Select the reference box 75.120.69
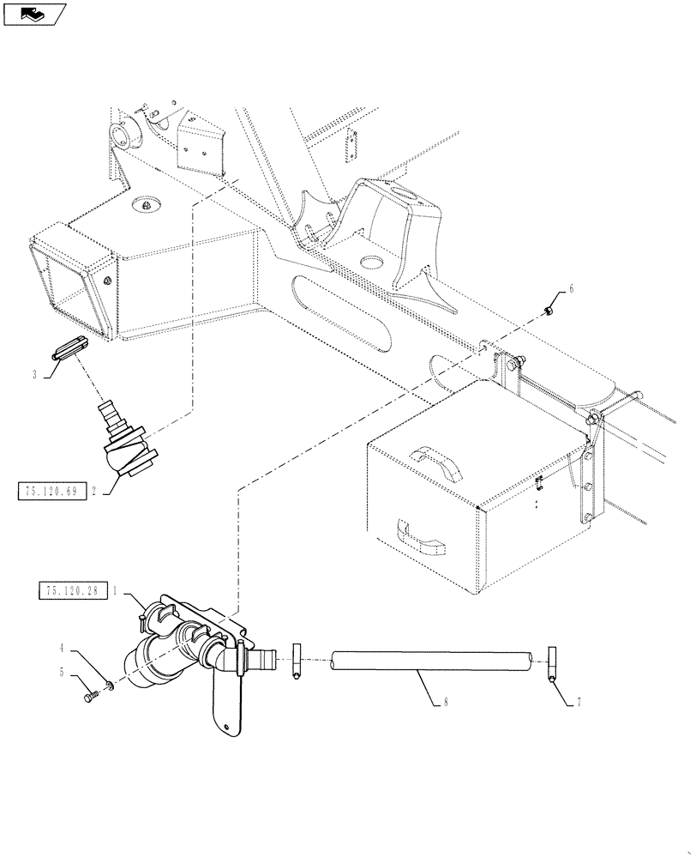[x=52, y=492]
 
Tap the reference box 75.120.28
[x=69, y=591]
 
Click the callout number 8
[x=447, y=703]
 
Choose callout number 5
[x=62, y=673]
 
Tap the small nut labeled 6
[x=549, y=310]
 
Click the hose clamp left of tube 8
[x=296, y=663]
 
